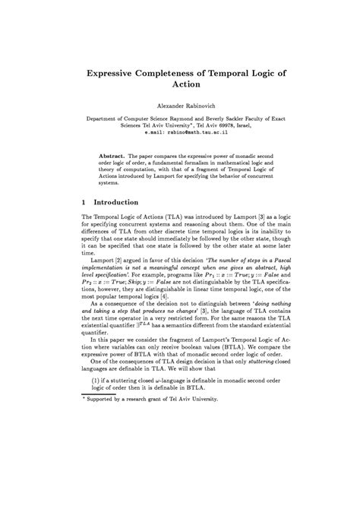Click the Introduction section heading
115,203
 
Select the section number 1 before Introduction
84,203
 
